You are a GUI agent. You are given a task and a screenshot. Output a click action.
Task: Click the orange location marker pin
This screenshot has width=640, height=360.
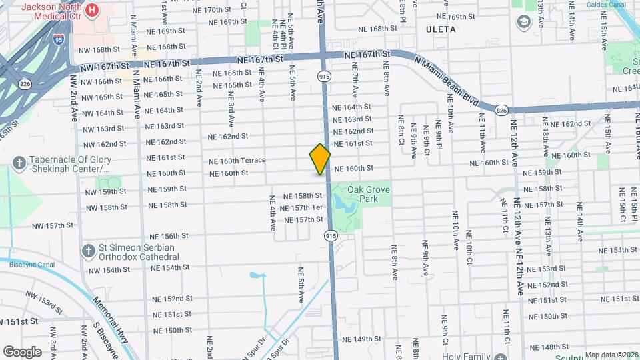click(x=320, y=159)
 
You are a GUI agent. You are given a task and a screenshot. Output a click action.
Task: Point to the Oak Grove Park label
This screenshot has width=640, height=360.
click(x=369, y=194)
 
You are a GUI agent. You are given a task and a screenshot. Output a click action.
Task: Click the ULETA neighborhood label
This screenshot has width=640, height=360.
click(x=441, y=29)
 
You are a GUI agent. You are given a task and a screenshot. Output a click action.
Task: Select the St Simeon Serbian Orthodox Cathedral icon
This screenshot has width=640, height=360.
click(x=87, y=251)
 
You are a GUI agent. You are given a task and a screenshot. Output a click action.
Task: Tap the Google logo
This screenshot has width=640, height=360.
click(x=22, y=351)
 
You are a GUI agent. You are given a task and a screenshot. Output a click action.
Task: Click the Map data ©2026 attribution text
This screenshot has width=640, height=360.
click(x=611, y=355)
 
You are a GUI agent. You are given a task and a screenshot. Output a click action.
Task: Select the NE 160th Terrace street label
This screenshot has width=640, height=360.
click(x=237, y=161)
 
